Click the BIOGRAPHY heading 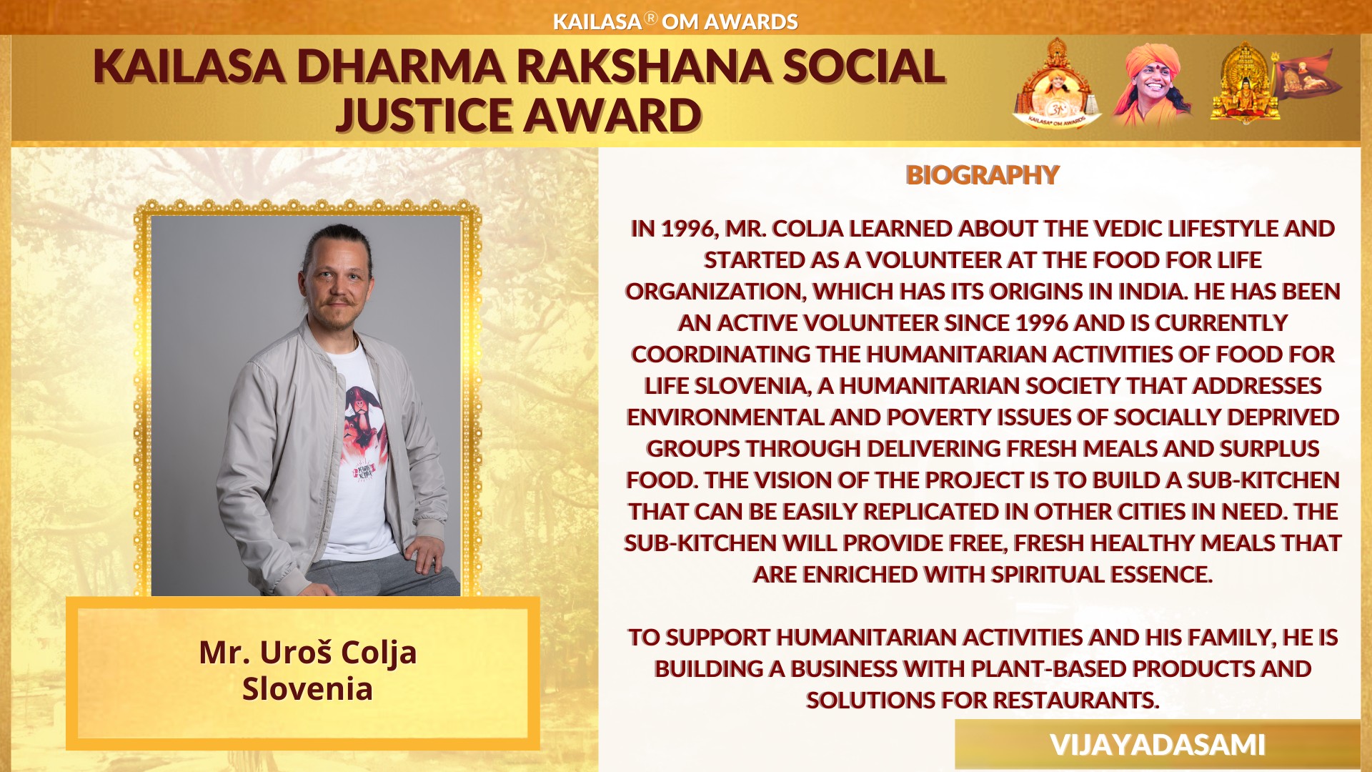(983, 175)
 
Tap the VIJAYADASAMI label (1158, 745)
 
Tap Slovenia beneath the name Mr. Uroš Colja (307, 689)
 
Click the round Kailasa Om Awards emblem (1057, 85)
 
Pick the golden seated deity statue (1245, 84)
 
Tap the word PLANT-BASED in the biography (1048, 669)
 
